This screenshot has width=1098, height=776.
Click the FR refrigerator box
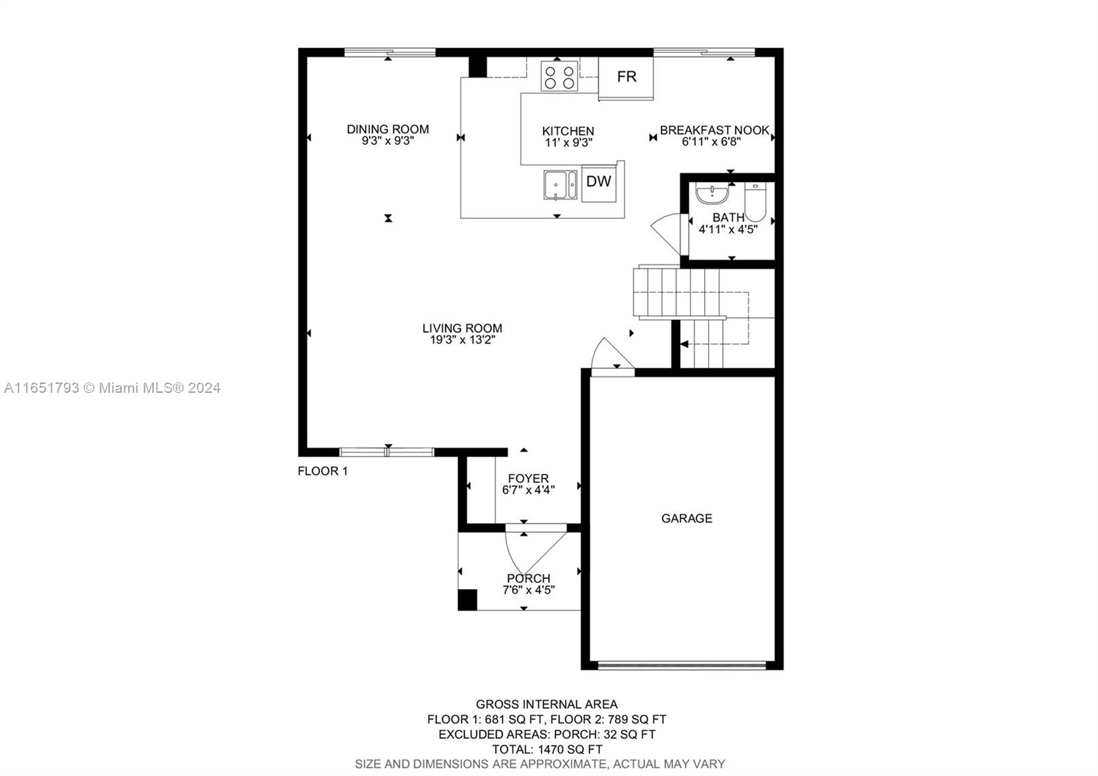[x=626, y=78]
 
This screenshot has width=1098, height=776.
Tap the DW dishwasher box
[x=598, y=183]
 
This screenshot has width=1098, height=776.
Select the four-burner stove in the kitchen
[x=559, y=76]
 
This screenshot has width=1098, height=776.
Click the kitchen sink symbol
[x=560, y=185]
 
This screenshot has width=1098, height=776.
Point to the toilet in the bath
[x=755, y=203]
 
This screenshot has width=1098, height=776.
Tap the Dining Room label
[x=388, y=130]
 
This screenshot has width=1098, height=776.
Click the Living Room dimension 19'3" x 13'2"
[x=463, y=340]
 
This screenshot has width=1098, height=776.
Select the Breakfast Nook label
[x=714, y=130]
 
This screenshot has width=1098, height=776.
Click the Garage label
[x=687, y=518]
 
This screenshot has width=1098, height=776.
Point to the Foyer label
[x=528, y=478]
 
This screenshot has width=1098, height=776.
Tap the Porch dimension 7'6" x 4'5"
[x=528, y=590]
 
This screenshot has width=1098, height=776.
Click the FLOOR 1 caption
[x=323, y=471]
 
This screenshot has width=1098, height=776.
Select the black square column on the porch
[x=467, y=600]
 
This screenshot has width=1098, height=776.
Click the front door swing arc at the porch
[x=512, y=559]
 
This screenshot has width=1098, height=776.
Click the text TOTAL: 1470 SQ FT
[x=547, y=749]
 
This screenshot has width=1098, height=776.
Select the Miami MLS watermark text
[x=113, y=388]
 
